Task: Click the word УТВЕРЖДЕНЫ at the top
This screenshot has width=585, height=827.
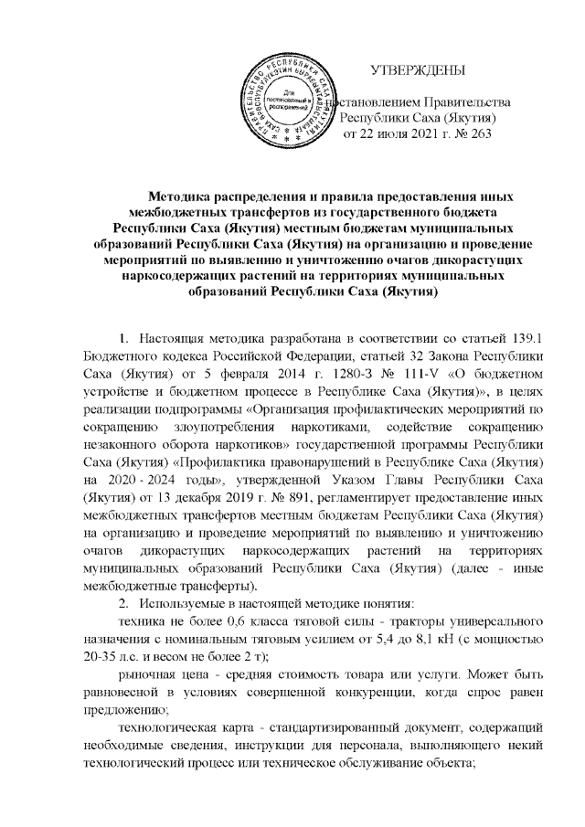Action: click(416, 70)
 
